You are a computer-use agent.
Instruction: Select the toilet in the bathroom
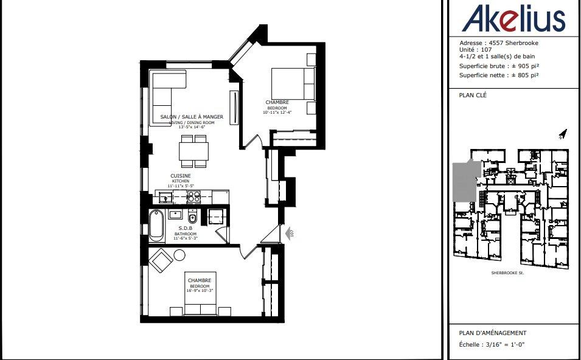pyautogui.click(x=192, y=218)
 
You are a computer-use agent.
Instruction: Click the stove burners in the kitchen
pyautogui.click(x=193, y=196)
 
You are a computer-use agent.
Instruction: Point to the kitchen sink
pyautogui.click(x=164, y=197)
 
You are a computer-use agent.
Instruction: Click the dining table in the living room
pyautogui.click(x=193, y=150)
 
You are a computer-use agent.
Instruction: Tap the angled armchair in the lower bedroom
pyautogui.click(x=161, y=261)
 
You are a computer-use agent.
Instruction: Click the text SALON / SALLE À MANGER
pyautogui.click(x=192, y=117)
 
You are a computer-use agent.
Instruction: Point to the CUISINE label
pyautogui.click(x=180, y=176)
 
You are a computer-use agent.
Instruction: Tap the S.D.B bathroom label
pyautogui.click(x=186, y=229)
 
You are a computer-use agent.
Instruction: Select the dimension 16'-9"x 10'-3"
pyautogui.click(x=199, y=291)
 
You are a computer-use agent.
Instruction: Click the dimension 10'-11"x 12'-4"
pyautogui.click(x=277, y=112)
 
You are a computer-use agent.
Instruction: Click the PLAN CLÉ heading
pyautogui.click(x=473, y=95)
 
